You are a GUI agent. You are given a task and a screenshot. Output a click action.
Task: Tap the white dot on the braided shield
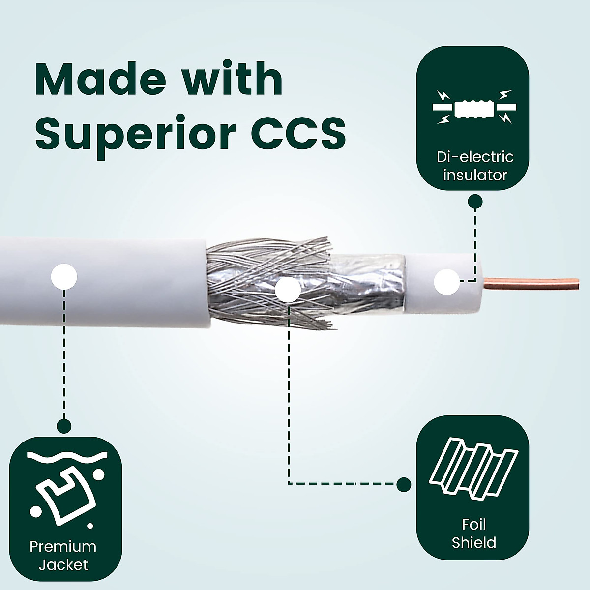[x=288, y=290]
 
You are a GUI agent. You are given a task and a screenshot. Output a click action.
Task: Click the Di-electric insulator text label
[x=474, y=166]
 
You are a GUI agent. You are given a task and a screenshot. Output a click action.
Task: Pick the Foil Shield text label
[x=473, y=533]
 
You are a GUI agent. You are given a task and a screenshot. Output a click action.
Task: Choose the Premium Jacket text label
[x=63, y=555]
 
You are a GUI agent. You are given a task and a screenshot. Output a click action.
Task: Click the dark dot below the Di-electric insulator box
[x=475, y=201]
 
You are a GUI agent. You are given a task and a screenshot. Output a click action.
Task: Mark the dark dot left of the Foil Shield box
[x=404, y=484]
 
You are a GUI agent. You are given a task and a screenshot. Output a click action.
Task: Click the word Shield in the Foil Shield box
[x=473, y=542]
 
